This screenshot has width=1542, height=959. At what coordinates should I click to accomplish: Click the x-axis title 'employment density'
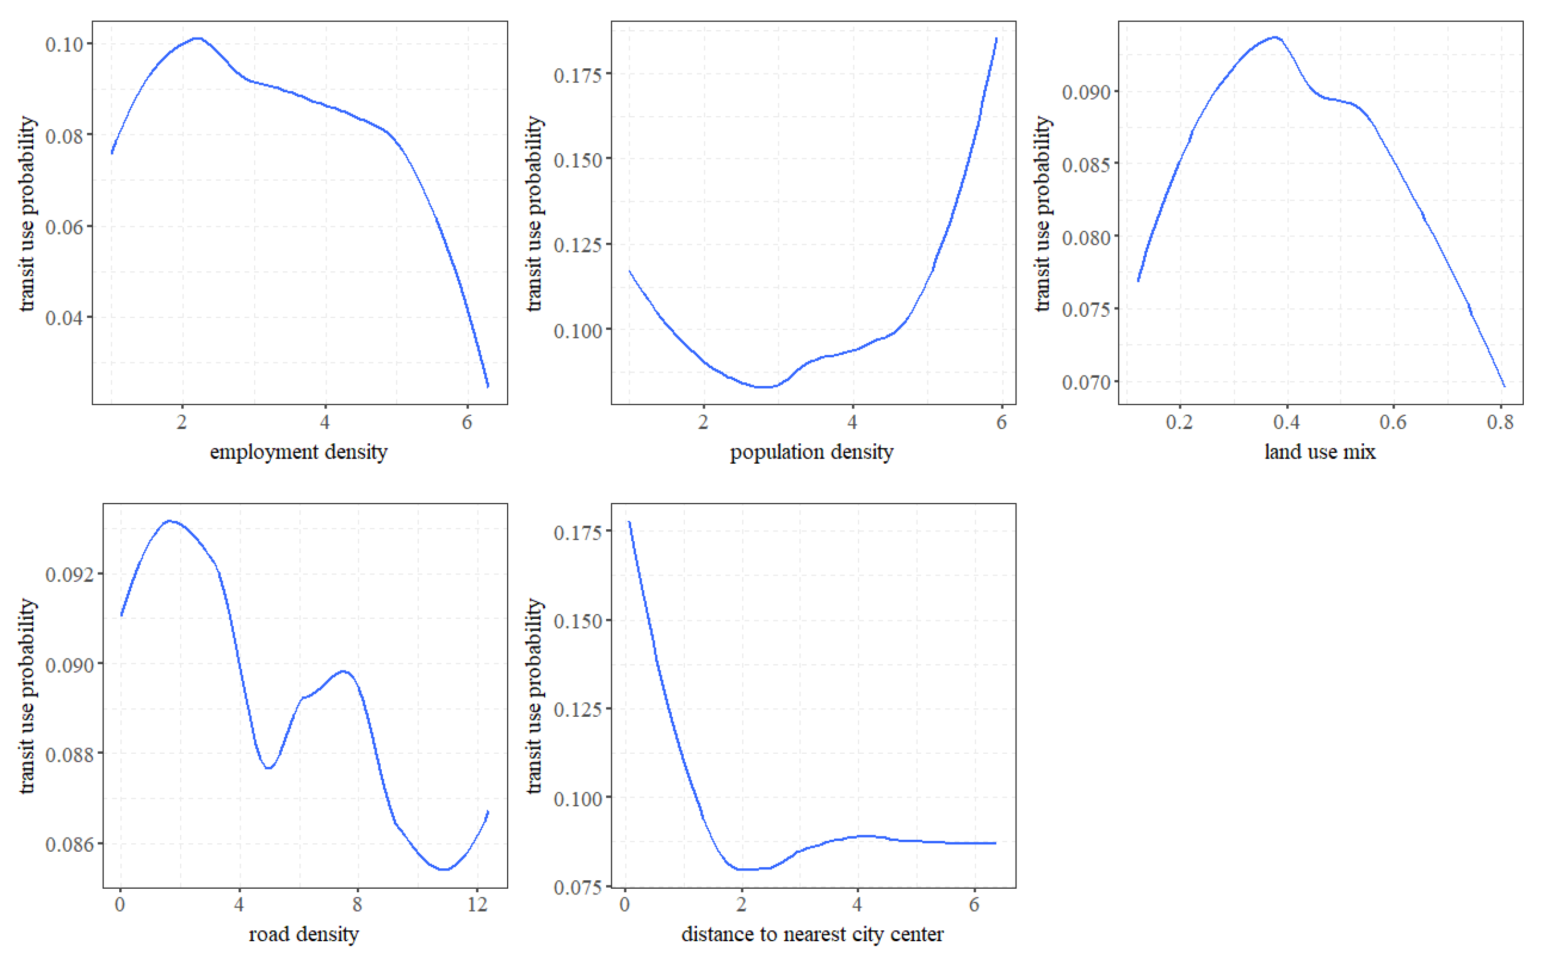click(x=298, y=452)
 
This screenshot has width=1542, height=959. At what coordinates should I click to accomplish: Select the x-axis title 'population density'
click(x=811, y=452)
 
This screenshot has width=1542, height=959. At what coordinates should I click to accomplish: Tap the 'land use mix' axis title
click(x=1320, y=452)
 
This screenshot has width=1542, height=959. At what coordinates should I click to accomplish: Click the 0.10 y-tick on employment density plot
click(x=65, y=44)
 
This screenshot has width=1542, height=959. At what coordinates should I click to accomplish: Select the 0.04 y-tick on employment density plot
click(x=65, y=317)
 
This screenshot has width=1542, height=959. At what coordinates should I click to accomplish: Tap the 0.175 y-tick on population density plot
click(x=578, y=75)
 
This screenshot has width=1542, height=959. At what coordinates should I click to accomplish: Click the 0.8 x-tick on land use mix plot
click(x=1500, y=422)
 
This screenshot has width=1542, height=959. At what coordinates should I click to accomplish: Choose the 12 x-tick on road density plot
click(x=478, y=904)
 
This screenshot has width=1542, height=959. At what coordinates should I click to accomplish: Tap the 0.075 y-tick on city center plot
click(x=578, y=887)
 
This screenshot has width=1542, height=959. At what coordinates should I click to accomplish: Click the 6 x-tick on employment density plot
click(x=467, y=422)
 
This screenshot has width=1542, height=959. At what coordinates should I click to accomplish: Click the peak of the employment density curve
click(x=197, y=38)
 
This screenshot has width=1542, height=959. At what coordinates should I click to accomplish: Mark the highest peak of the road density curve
click(x=169, y=521)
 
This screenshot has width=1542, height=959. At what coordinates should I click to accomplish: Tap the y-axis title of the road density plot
click(x=27, y=696)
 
